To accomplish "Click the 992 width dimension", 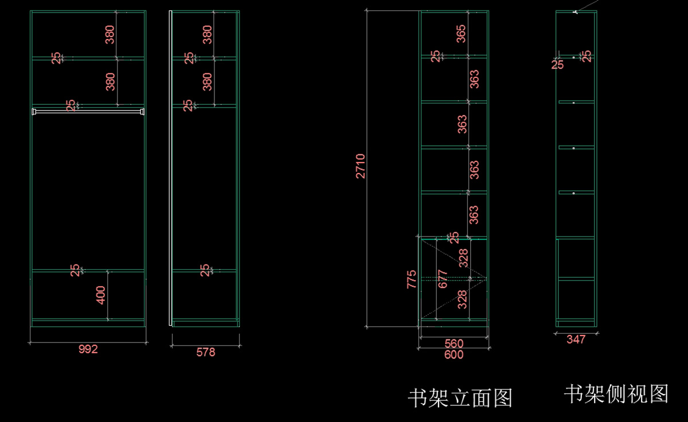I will point(88,349).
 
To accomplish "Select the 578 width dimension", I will point(206,352).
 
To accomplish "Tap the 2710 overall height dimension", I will point(361,166).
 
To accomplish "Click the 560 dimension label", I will point(454,344).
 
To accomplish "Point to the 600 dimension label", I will point(454,354).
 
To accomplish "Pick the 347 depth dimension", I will point(576,340).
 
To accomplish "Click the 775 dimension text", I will point(412,279).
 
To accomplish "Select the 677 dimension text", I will point(442,279).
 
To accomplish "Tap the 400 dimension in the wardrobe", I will point(101,295).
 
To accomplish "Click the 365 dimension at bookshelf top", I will point(461,33).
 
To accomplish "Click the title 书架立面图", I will point(460,397).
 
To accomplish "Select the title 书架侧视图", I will point(616,393).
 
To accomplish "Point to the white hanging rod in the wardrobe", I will point(88,111).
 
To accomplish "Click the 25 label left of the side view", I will point(558,64).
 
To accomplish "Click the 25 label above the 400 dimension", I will point(75,270).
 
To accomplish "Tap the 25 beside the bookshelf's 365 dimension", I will point(436,56).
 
